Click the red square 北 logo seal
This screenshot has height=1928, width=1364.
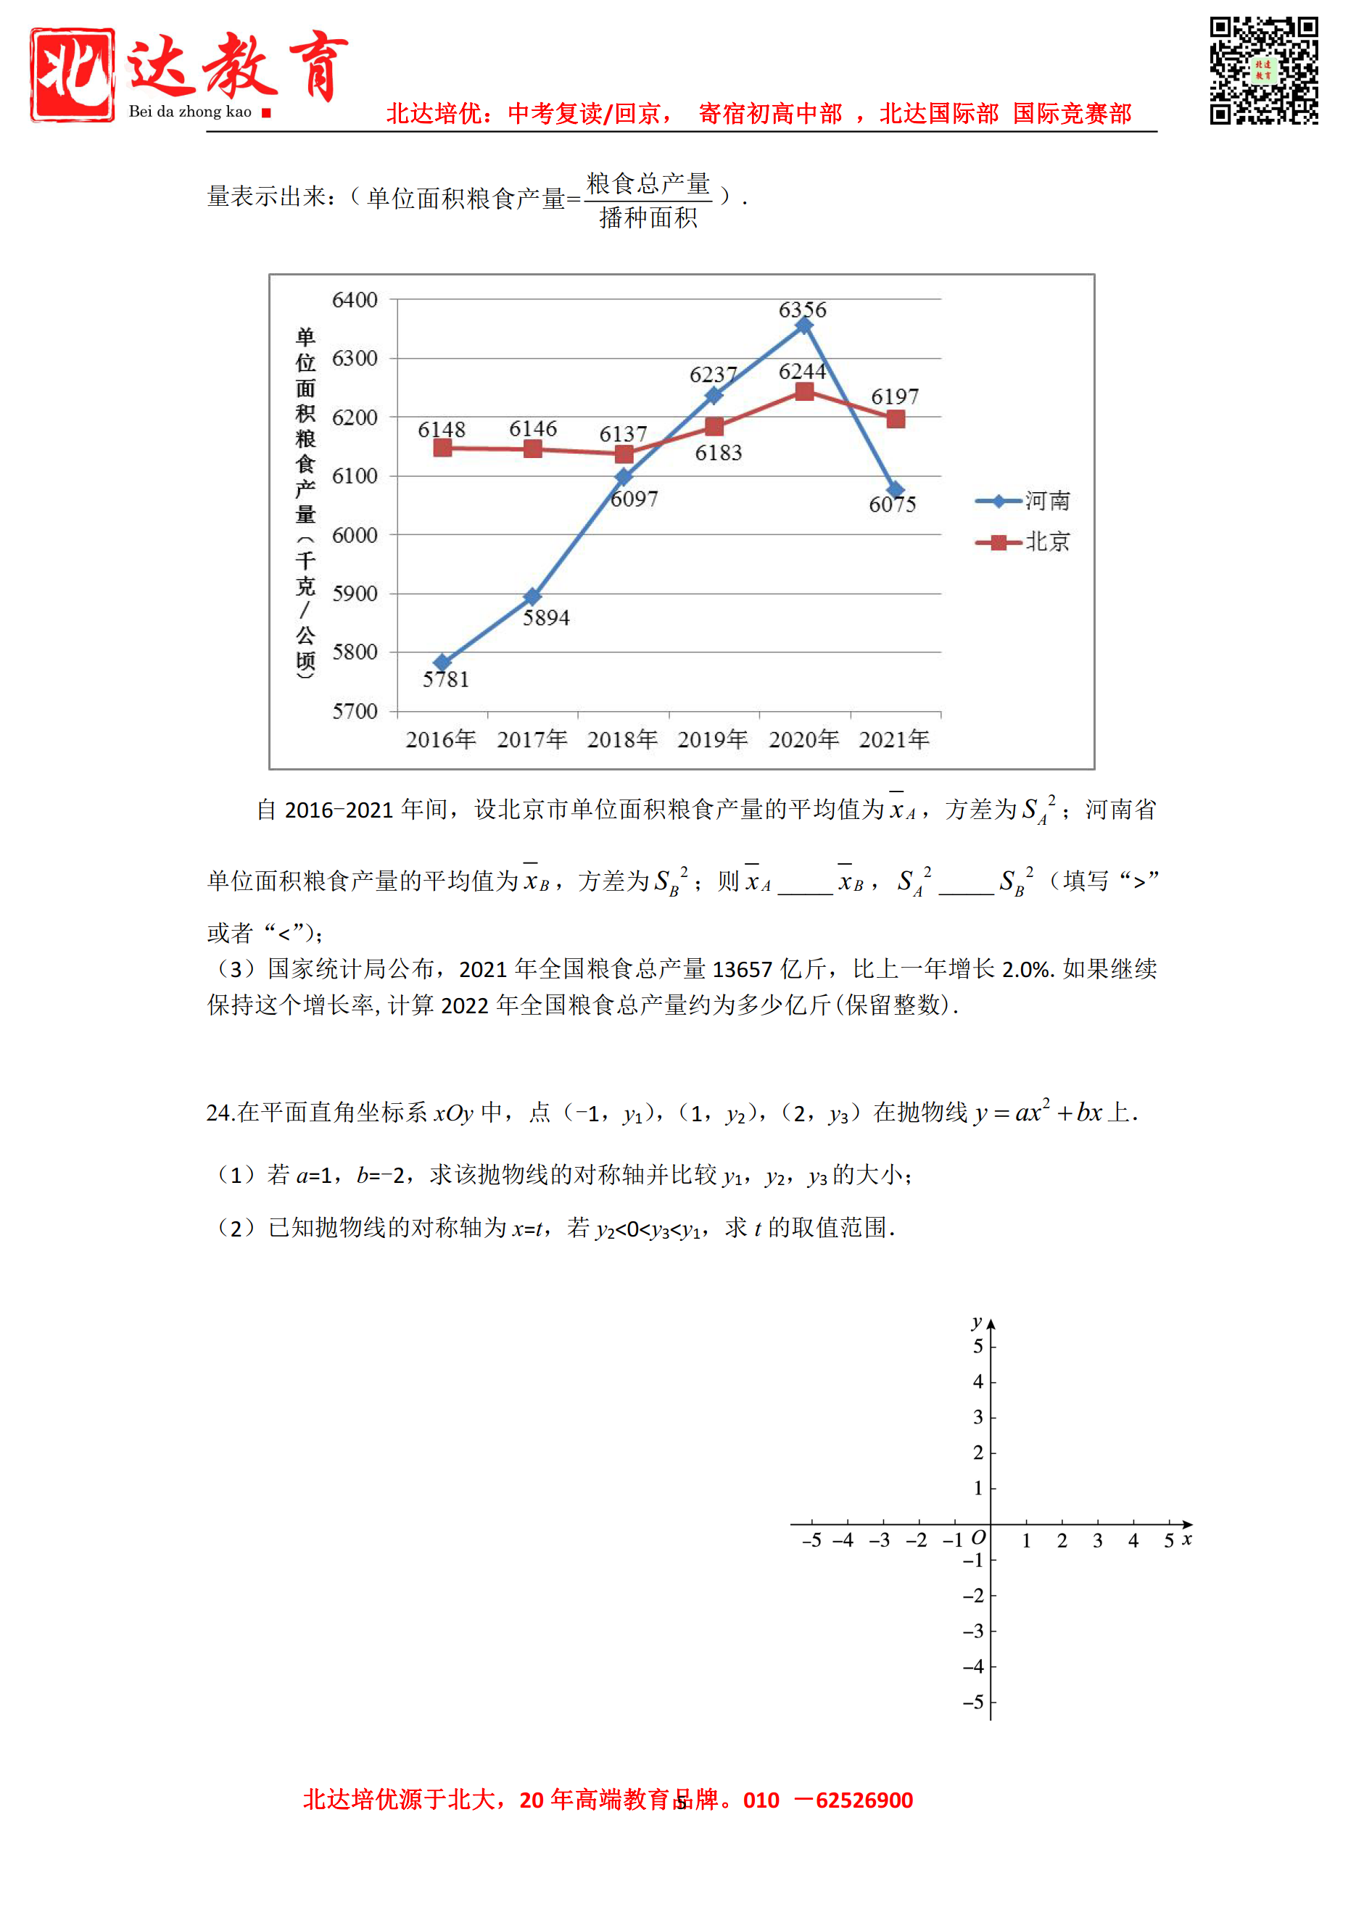[x=73, y=75]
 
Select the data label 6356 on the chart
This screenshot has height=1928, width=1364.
[x=802, y=310]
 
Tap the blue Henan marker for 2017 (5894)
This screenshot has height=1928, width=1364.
[x=532, y=597]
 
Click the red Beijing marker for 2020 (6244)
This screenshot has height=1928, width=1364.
[x=803, y=391]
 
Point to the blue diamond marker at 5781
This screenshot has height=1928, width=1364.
[x=442, y=662]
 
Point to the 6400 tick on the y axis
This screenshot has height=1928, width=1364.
[x=355, y=300]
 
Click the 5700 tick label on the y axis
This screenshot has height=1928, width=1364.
[x=355, y=711]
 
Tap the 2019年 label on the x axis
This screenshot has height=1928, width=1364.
[x=712, y=739]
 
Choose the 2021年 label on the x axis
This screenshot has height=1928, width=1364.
[x=893, y=739]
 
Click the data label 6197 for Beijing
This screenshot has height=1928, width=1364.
[x=895, y=396]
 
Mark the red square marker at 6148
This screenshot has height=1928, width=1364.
[x=442, y=448]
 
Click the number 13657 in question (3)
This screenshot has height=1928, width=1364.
[x=742, y=969]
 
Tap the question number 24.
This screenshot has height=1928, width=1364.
[x=219, y=1113]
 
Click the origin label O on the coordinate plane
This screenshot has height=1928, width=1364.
[x=977, y=1537]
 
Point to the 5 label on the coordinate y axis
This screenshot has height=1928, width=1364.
[x=977, y=1346]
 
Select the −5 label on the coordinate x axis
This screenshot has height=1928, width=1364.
[x=811, y=1540]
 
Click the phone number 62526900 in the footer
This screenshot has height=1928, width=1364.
[x=864, y=1800]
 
